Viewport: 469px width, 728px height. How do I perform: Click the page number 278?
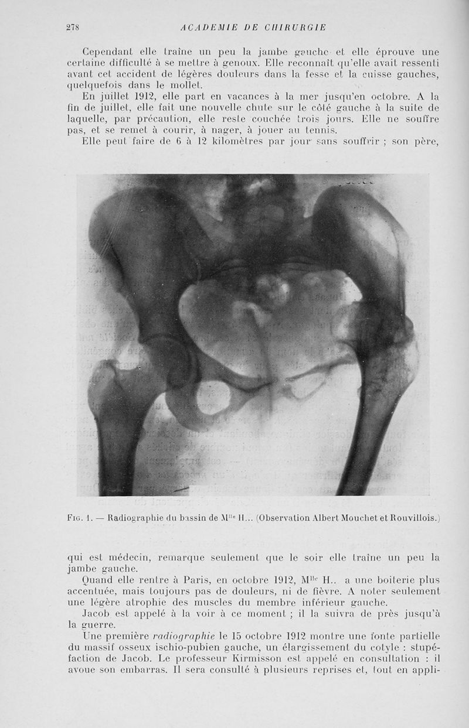pos(73,27)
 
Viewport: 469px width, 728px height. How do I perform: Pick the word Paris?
pos(186,580)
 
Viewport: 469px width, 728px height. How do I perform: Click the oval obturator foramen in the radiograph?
pos(212,398)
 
